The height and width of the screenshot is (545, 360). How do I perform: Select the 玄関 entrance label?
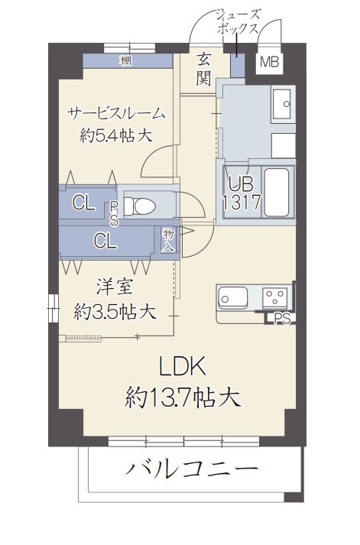[203, 68]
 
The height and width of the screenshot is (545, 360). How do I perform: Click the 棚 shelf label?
[125, 60]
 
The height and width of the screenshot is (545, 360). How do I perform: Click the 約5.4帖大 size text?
[116, 136]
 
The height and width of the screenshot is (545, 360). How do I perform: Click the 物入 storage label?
[169, 239]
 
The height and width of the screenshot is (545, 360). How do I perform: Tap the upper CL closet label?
[83, 203]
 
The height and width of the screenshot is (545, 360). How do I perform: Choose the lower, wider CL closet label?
[105, 240]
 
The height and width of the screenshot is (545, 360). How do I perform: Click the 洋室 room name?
[115, 288]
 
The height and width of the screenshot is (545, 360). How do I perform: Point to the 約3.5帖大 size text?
[115, 311]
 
